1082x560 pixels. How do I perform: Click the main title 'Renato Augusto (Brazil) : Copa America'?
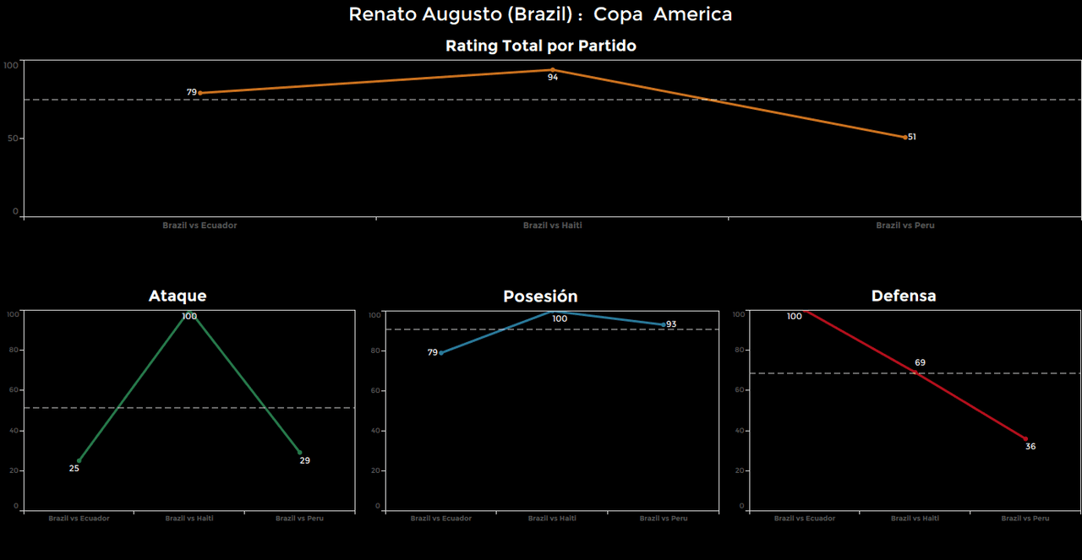pos(540,14)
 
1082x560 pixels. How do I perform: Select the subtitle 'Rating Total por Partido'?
pos(540,46)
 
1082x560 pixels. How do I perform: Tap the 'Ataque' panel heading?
pos(178,296)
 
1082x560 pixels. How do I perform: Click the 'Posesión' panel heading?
pos(540,296)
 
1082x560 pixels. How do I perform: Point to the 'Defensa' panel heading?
pos(904,296)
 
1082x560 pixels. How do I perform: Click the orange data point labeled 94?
pos(553,70)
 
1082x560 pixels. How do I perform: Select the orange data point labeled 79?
pos(200,93)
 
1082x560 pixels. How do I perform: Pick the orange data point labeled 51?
pos(905,137)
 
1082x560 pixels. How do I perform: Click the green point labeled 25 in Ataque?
pos(79,460)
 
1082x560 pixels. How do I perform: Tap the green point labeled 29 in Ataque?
pos(299,453)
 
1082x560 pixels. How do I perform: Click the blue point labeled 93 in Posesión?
pos(664,324)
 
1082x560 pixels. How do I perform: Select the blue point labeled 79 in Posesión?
pos(441,353)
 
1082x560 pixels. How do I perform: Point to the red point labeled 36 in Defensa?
pos(1025,439)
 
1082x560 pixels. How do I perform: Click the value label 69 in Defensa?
pos(920,363)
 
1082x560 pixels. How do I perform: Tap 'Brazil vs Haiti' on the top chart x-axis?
pos(553,226)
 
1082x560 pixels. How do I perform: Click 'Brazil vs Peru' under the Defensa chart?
pos(1025,519)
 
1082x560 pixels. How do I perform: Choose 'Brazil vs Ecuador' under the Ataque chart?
pos(79,519)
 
